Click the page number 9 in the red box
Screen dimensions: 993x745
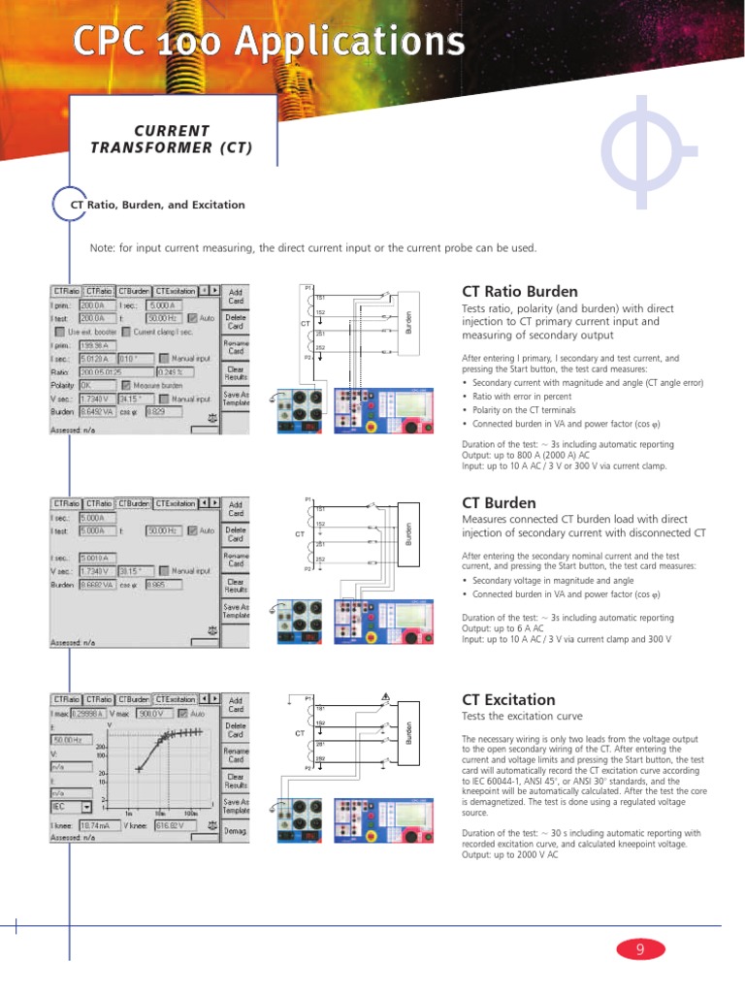click(639, 950)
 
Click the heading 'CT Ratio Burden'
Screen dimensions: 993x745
click(519, 291)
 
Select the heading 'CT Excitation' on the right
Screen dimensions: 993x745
click(508, 699)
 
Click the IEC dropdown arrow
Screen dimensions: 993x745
click(87, 806)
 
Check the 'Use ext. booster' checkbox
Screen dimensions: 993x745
click(59, 331)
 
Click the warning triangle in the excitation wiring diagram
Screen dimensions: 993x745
click(386, 695)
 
